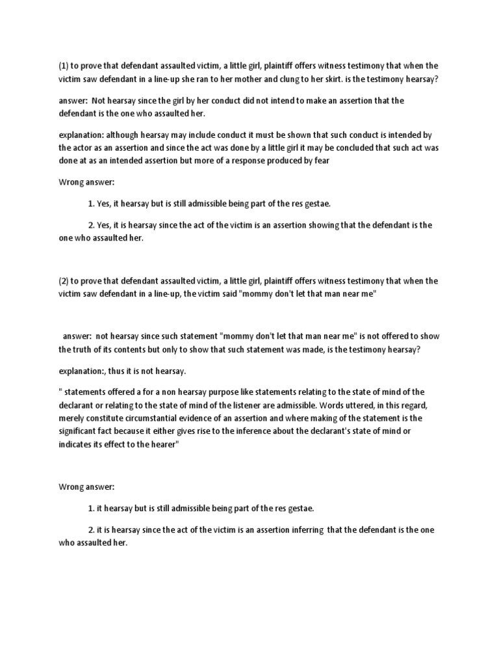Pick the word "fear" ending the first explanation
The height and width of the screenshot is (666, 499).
[x=323, y=161]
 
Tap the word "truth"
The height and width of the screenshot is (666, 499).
[x=88, y=349]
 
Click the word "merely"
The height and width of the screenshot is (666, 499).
[x=73, y=418]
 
